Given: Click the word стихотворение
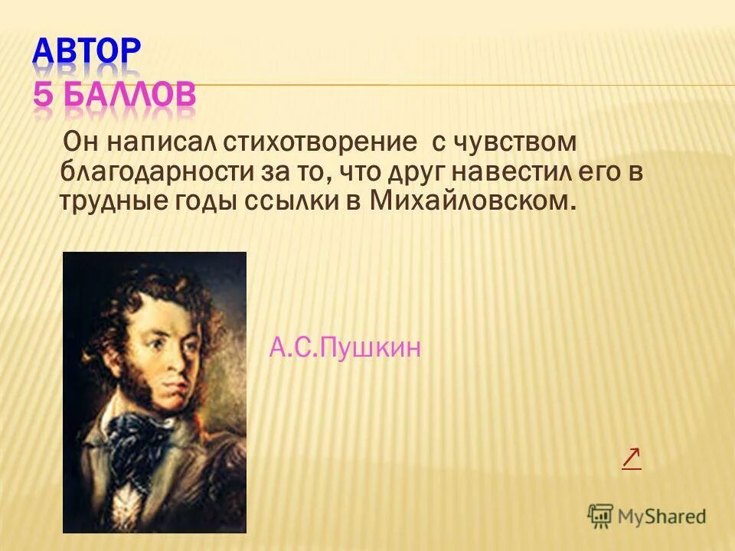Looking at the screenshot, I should coord(322,142).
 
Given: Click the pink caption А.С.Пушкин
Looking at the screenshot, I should coord(345,349).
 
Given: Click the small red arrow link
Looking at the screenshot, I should coord(631,458).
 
